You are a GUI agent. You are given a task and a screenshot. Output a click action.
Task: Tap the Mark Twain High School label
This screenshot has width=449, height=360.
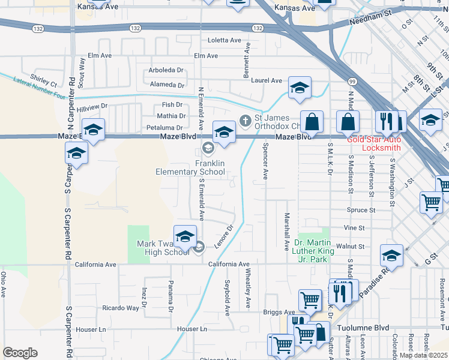(163, 248)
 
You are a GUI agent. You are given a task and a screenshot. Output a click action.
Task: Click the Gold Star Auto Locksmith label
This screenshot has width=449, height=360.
(374, 143)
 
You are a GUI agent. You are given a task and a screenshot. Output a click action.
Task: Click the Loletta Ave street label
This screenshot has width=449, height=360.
(224, 40)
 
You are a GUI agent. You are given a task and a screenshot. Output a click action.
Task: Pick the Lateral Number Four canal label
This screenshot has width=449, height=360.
(38, 86)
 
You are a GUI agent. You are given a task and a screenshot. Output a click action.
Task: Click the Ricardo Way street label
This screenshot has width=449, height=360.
(121, 308)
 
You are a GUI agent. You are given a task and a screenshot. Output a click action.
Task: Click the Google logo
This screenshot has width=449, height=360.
(20, 353)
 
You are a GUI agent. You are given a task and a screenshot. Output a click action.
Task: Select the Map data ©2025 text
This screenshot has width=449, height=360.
(423, 355)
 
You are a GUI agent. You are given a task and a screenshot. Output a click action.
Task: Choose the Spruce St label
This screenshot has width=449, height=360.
(361, 210)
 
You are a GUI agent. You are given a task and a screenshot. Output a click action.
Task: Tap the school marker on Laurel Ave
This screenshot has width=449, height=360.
(300, 88)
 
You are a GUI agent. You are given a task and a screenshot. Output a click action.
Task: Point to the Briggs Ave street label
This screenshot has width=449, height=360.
(279, 312)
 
